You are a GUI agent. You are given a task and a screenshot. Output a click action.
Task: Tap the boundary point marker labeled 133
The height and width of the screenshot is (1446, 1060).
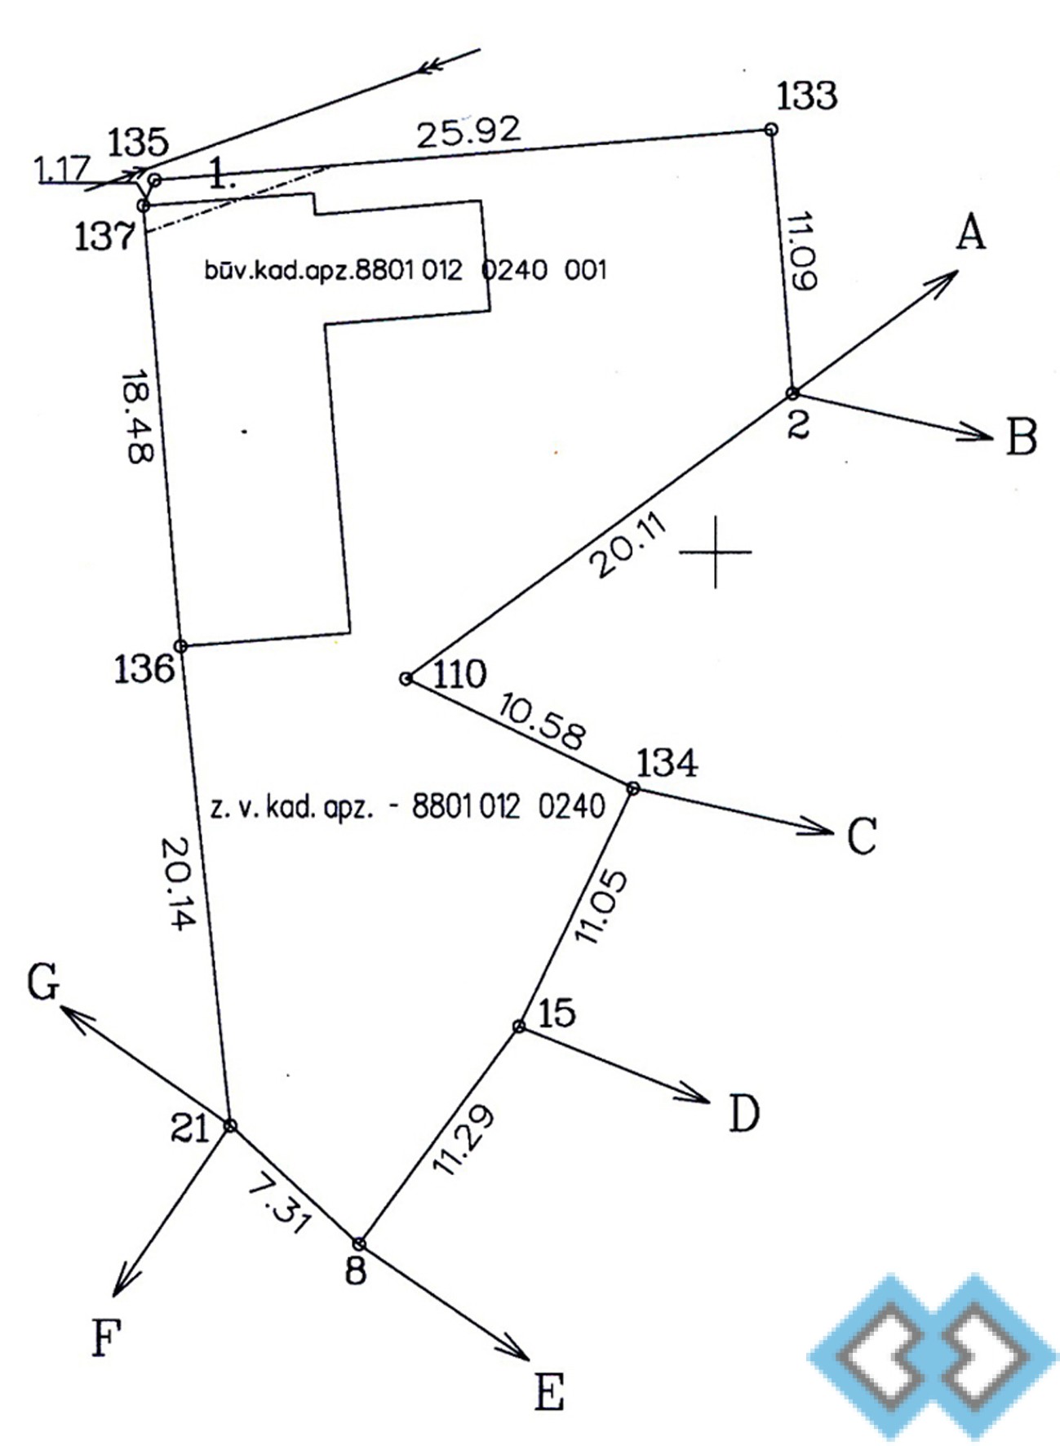(x=770, y=129)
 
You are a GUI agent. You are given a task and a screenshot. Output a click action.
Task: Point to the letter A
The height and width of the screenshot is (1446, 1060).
(x=970, y=233)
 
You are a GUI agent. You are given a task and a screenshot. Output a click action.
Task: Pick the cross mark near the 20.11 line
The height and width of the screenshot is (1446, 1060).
(x=715, y=552)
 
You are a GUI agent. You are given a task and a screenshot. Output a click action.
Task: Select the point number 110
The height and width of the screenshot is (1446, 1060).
(x=459, y=675)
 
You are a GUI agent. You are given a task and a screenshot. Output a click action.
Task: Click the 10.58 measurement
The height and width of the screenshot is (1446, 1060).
(x=543, y=721)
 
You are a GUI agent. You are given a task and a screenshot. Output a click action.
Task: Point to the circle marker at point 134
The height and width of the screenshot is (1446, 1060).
(x=633, y=787)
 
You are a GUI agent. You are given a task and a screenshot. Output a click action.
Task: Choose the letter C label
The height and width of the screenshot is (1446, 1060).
(x=862, y=836)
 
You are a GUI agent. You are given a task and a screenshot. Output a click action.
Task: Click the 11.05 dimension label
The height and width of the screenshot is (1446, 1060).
(x=602, y=907)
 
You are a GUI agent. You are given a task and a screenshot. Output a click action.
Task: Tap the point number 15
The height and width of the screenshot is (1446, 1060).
(x=557, y=1013)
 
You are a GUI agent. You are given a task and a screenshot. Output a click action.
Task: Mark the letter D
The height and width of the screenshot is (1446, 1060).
(x=743, y=1113)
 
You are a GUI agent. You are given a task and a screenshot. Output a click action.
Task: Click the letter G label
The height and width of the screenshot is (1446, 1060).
(x=43, y=981)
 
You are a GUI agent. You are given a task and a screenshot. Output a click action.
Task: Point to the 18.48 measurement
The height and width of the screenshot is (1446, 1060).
(x=137, y=418)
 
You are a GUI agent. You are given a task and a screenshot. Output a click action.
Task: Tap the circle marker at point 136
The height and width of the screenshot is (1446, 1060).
(x=181, y=646)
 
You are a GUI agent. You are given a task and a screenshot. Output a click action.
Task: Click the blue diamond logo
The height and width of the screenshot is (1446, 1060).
(x=933, y=1355)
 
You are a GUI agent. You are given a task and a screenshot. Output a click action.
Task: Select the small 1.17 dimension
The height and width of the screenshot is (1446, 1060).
(x=61, y=169)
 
